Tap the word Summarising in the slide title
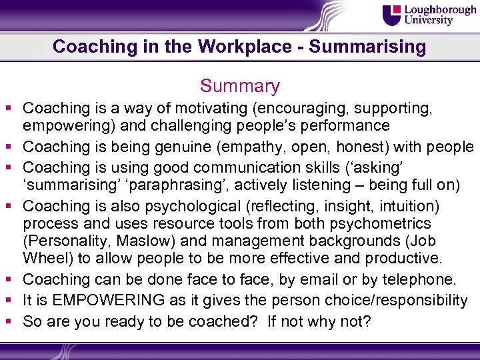tap(367, 47)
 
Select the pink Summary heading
tap(240, 86)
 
